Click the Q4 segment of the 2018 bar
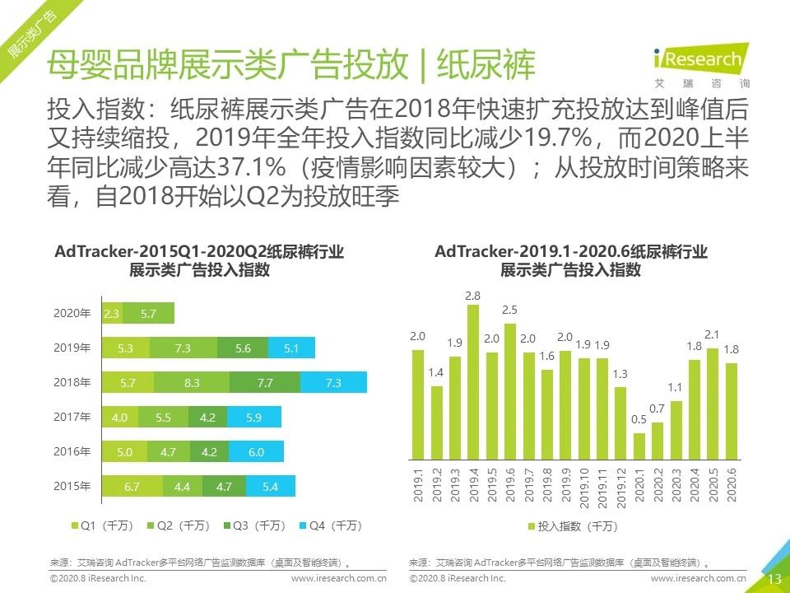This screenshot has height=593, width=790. [333, 383]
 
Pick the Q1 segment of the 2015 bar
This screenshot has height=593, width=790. [132, 487]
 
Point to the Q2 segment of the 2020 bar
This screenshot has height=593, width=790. [149, 314]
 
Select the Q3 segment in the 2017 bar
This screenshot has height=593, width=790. [207, 418]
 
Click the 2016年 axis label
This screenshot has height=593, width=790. [73, 452]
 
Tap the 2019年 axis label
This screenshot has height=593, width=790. [73, 348]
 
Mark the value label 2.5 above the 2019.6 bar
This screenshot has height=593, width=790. [509, 310]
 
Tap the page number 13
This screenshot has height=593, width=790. [774, 579]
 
